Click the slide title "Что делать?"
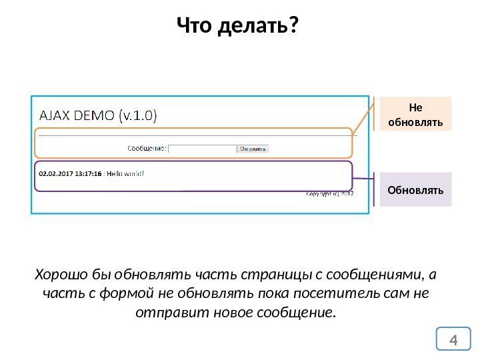click(x=238, y=27)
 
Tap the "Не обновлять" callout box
click(x=415, y=114)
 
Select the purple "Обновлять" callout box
click(x=415, y=189)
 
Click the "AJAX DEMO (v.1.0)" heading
click(x=99, y=115)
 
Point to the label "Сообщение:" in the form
click(x=146, y=149)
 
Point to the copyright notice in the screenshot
click(x=329, y=194)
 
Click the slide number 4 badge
click(x=455, y=341)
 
